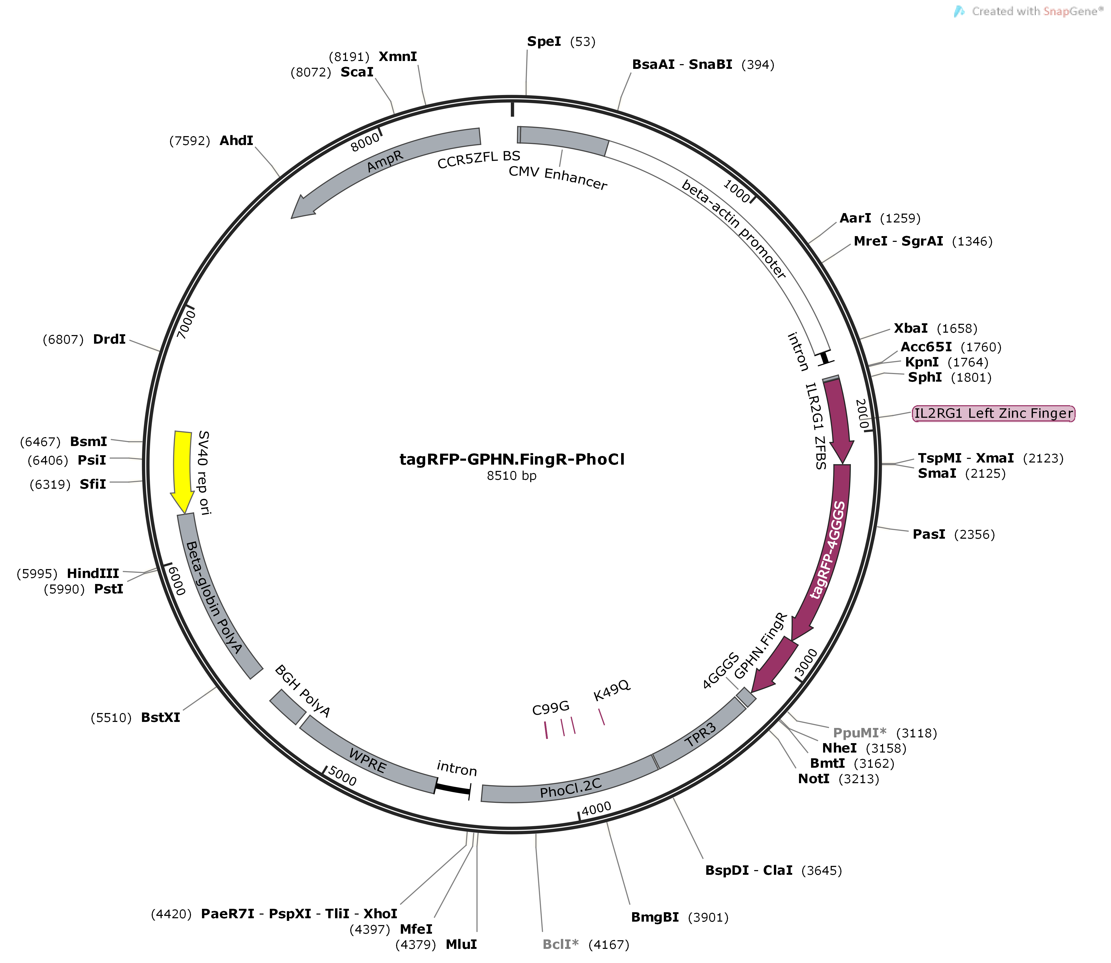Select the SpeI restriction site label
pyautogui.click(x=544, y=41)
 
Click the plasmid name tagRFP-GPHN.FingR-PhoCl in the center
pyautogui.click(x=512, y=459)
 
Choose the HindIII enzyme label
pyautogui.click(x=93, y=574)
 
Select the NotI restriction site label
pyautogui.click(x=814, y=779)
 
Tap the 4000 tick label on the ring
pyautogui.click(x=596, y=808)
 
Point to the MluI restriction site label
pyautogui.click(x=461, y=944)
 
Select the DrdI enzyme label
pyautogui.click(x=109, y=339)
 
